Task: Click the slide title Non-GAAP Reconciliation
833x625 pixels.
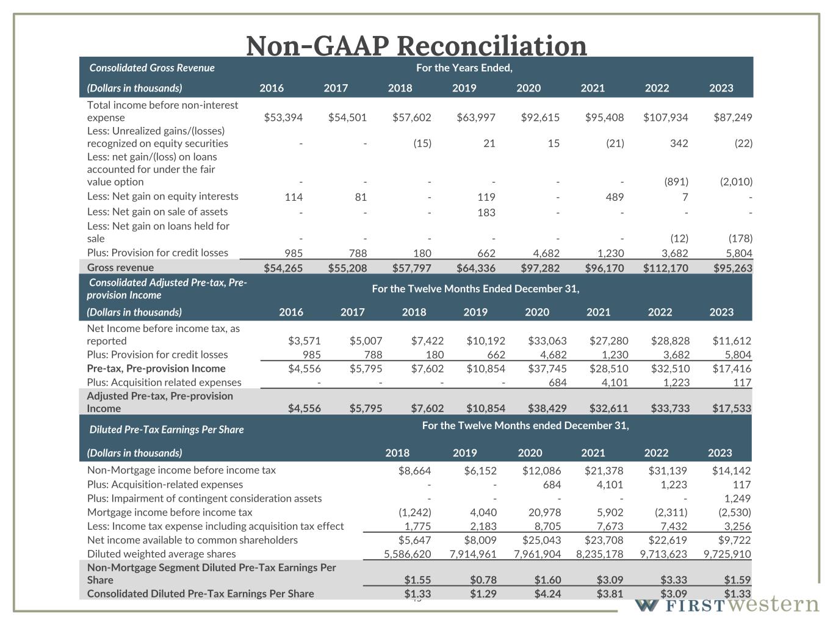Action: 416,45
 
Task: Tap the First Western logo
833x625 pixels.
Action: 726,605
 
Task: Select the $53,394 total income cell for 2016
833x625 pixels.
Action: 283,118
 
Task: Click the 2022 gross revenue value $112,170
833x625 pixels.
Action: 665,268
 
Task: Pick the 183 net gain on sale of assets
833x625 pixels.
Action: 486,212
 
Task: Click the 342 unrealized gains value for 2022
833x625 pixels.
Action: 678,143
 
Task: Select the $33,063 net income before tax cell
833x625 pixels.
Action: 547,341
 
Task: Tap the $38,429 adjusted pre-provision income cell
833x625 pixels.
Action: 547,408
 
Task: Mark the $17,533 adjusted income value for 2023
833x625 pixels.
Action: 731,408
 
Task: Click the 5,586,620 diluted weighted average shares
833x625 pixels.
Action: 407,554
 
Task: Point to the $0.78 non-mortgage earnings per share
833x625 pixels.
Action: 483,580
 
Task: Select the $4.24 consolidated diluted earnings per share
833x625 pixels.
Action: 547,594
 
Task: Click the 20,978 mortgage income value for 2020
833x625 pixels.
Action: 543,513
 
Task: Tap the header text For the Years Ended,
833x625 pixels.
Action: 464,68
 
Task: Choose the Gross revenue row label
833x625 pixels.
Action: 120,267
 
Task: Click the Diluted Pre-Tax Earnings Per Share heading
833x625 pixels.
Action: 167,430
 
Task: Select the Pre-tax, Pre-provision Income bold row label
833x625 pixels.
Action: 156,369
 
